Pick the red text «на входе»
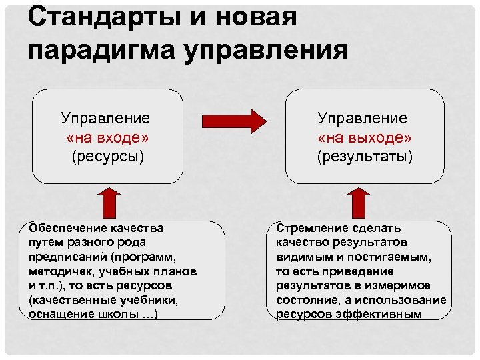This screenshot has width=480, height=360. click(107, 137)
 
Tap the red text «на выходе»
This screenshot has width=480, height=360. click(364, 137)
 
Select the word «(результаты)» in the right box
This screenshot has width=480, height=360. click(365, 157)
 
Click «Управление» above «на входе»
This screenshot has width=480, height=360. click(105, 118)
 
